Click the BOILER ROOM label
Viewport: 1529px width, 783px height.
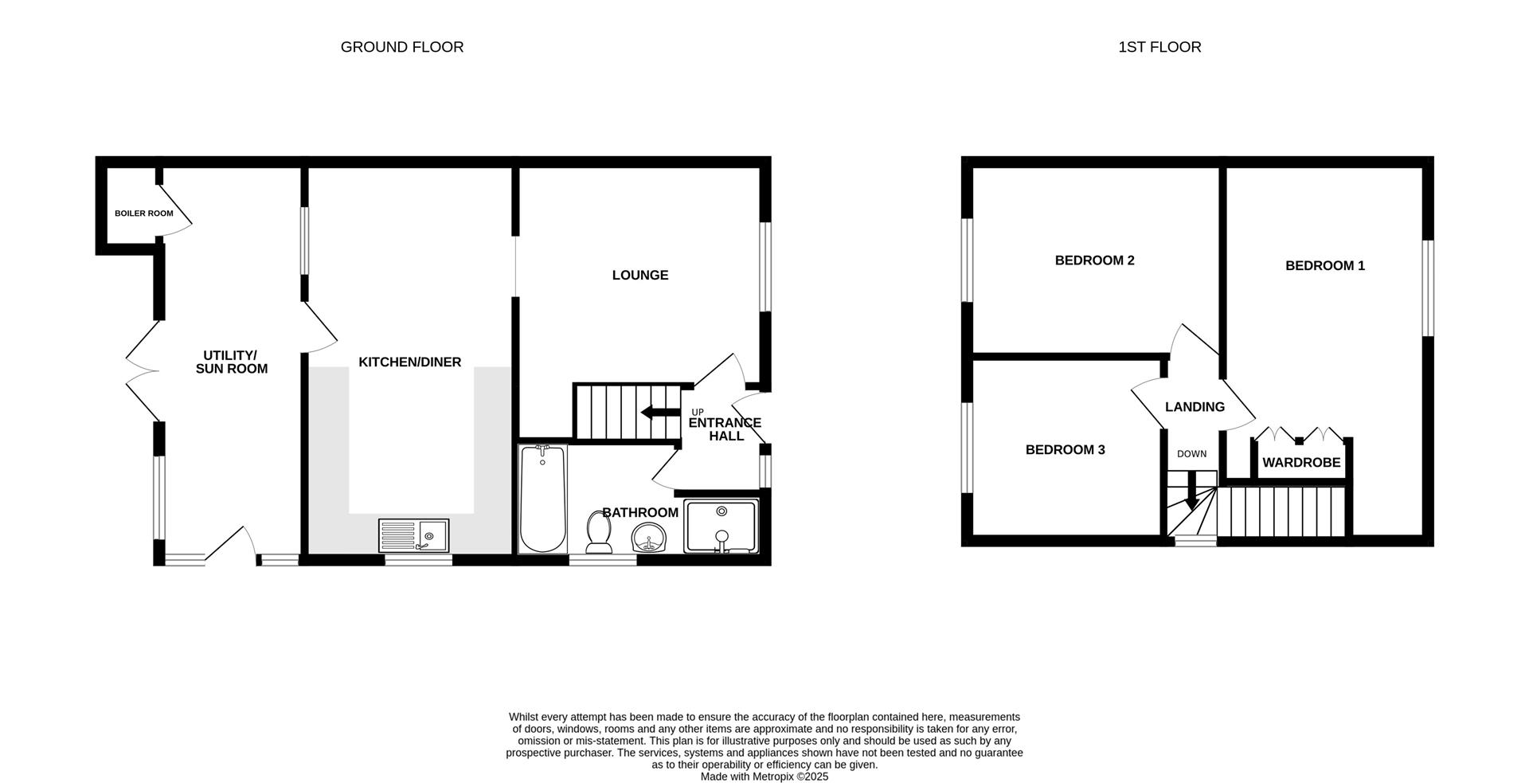click(x=143, y=213)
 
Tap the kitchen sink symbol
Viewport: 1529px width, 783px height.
click(x=414, y=535)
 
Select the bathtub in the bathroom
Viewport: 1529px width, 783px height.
click(x=543, y=499)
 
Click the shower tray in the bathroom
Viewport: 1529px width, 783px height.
click(x=721, y=527)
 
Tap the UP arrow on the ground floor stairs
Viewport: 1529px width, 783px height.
click(x=658, y=412)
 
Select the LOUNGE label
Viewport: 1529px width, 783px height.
click(x=639, y=276)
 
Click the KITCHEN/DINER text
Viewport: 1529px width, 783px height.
click(x=409, y=362)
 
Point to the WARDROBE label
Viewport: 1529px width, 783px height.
click(x=1301, y=463)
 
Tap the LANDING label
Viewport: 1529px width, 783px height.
click(x=1195, y=407)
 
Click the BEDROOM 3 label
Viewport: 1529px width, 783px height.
click(x=1065, y=450)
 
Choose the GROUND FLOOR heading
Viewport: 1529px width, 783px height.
click(x=401, y=47)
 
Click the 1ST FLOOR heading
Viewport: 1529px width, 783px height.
click(x=1159, y=47)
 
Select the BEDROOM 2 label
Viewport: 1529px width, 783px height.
click(x=1094, y=260)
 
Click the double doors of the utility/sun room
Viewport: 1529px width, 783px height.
click(x=143, y=370)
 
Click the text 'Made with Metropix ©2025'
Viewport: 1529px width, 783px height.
click(x=764, y=777)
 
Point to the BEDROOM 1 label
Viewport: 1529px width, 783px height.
click(x=1324, y=266)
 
